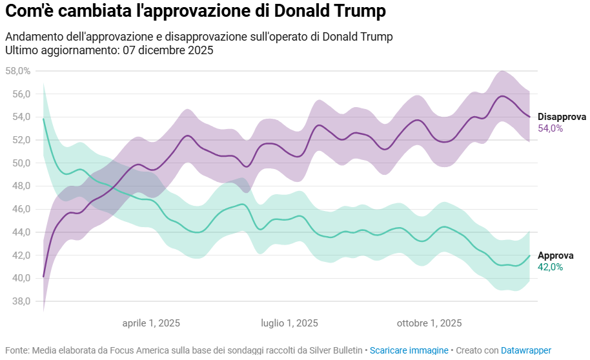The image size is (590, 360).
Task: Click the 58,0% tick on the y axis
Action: pos(17,71)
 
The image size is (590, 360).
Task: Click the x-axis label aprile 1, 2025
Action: pos(151,323)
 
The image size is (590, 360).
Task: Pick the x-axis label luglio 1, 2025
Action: pos(289,323)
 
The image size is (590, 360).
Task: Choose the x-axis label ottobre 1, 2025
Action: pos(429,323)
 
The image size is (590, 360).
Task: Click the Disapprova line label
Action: pos(562,117)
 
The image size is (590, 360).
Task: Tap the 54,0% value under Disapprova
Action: pos(551,128)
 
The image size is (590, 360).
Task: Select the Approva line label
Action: pos(554,255)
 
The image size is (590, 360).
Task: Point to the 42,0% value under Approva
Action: pos(551,267)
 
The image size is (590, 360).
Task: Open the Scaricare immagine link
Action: pos(409,350)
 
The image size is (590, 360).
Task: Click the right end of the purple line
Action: pos(529,117)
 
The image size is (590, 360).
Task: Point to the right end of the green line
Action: pos(529,255)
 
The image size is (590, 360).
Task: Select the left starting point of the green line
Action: pos(43,119)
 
